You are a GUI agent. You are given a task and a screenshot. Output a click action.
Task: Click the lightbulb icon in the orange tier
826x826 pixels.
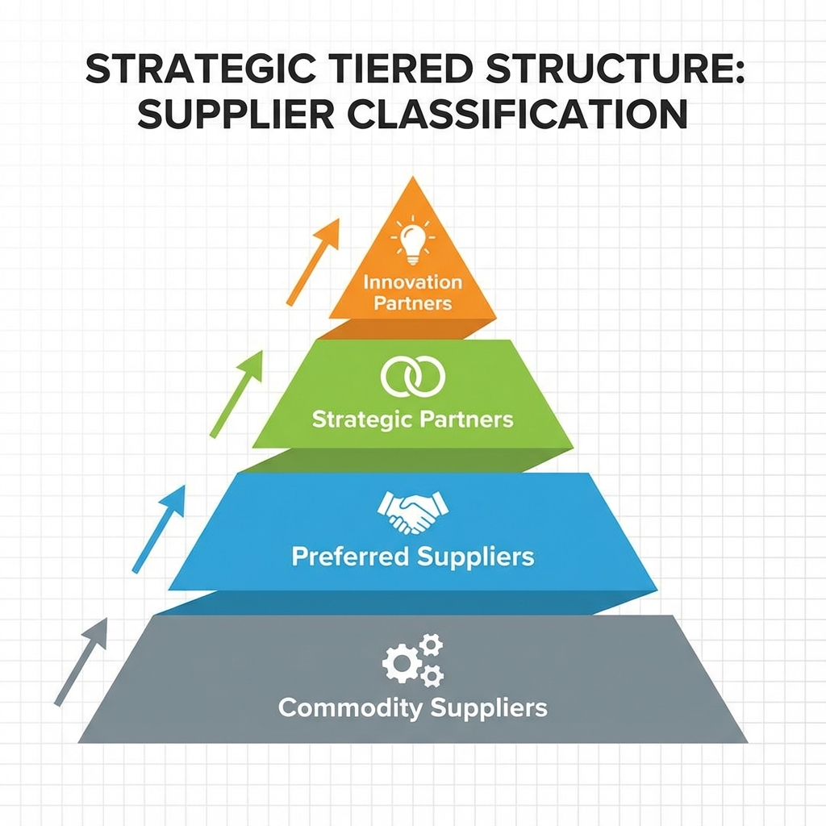click(x=413, y=240)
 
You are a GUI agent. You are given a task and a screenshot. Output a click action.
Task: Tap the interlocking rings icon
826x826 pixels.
click(x=412, y=378)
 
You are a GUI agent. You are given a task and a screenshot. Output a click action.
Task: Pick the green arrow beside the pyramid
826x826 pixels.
click(x=237, y=394)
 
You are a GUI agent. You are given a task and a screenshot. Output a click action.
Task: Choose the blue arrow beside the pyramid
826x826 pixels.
click(x=159, y=528)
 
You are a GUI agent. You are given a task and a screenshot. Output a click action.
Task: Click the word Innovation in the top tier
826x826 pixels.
click(x=413, y=283)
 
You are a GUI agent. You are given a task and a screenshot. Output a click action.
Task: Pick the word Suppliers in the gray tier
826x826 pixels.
click(x=489, y=708)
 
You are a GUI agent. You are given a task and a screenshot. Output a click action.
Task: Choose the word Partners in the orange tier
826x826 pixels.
click(x=413, y=304)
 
